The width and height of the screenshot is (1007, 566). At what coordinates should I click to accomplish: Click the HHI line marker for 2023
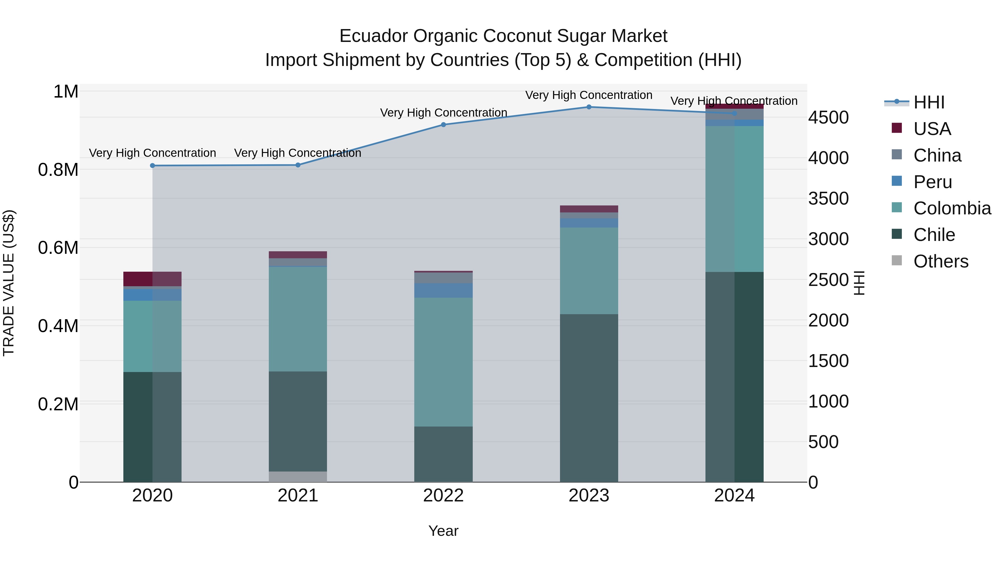pyautogui.click(x=589, y=107)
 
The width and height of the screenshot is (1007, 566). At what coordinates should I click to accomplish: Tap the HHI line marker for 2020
pyautogui.click(x=152, y=166)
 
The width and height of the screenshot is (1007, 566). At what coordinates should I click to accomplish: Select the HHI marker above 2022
pyautogui.click(x=443, y=125)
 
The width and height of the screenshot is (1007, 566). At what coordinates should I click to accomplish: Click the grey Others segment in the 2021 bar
pyautogui.click(x=298, y=477)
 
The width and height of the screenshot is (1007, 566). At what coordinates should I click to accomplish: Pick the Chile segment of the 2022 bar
pyautogui.click(x=443, y=454)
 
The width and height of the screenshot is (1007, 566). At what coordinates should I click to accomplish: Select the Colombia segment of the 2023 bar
pyautogui.click(x=589, y=271)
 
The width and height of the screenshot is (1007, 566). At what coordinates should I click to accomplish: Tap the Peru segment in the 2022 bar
pyautogui.click(x=443, y=290)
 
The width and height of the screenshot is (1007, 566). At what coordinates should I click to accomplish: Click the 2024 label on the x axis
pyautogui.click(x=734, y=496)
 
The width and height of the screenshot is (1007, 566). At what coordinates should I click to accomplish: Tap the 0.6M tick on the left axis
pyautogui.click(x=58, y=248)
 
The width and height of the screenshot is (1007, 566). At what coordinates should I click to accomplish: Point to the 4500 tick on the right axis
pyautogui.click(x=828, y=118)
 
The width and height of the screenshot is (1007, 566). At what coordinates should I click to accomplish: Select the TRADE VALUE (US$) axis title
pyautogui.click(x=9, y=283)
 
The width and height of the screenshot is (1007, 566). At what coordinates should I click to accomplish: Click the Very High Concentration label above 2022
pyautogui.click(x=443, y=112)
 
